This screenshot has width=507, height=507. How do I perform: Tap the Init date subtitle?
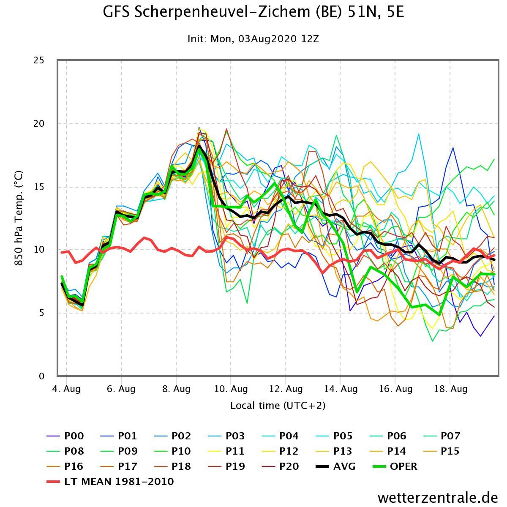click(253, 39)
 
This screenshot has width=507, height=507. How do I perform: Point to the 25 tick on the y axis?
click(39, 60)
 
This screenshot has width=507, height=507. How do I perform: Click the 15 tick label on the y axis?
click(39, 187)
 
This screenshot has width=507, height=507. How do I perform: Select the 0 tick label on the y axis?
click(41, 376)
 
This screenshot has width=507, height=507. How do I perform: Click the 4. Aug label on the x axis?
click(66, 389)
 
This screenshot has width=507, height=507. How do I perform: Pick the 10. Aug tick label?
click(231, 389)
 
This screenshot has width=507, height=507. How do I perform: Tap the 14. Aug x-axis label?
click(341, 389)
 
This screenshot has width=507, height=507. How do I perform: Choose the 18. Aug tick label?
click(450, 389)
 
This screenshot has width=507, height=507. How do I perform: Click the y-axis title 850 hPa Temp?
click(19, 218)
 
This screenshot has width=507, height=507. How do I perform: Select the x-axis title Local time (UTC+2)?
click(278, 406)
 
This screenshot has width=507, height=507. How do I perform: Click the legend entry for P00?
click(65, 436)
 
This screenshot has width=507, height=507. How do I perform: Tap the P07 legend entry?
click(442, 436)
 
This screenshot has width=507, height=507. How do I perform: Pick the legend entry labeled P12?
click(281, 451)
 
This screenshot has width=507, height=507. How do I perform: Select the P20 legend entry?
click(281, 466)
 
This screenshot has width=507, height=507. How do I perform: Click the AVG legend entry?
click(335, 466)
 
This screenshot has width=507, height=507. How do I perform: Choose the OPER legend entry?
click(395, 466)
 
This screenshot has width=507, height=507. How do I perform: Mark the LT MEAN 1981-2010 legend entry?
click(110, 482)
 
